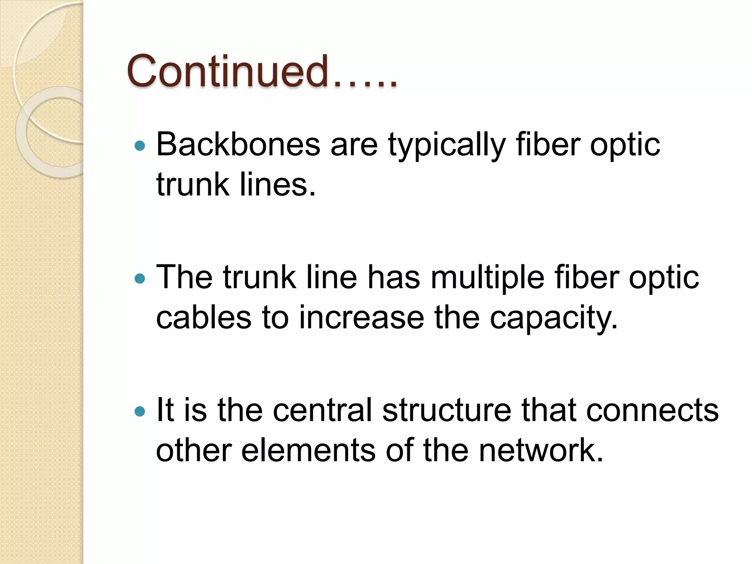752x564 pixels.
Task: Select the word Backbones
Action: pos(238,145)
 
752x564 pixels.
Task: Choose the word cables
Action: pos(204,318)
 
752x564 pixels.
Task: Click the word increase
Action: pos(361,318)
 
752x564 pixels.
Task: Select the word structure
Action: pos(446,410)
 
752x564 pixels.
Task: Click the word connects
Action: pos(652,410)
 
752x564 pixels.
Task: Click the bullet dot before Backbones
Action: pos(140,146)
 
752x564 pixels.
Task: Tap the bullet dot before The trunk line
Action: pos(140,279)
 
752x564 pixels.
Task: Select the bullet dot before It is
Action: pos(140,411)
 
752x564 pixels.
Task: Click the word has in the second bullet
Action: pos(394,278)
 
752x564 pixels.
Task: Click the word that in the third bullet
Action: pos(549,410)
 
